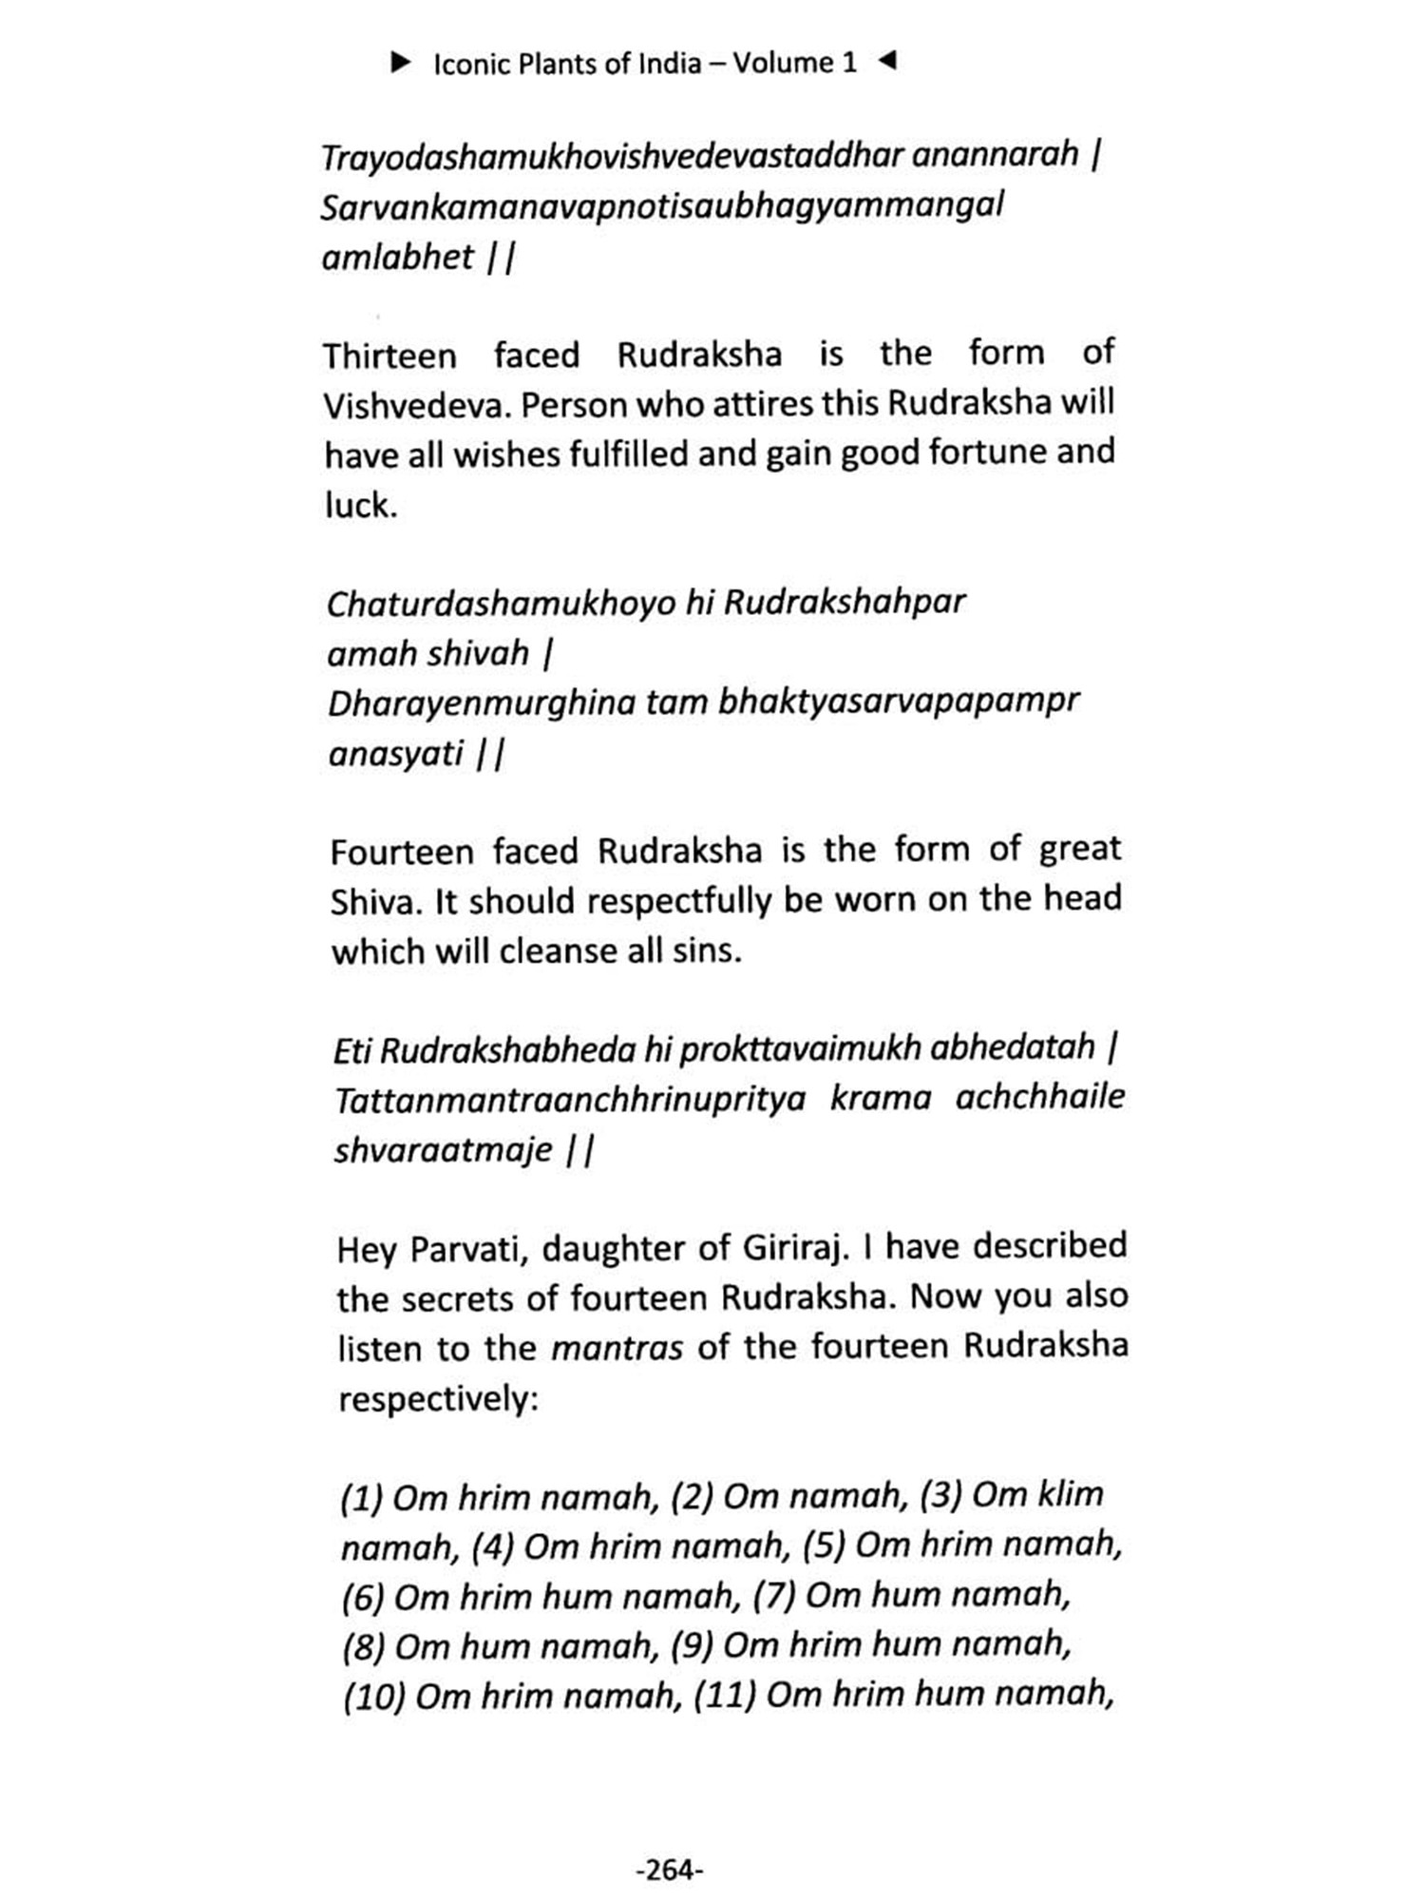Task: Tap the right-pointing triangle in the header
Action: point(401,63)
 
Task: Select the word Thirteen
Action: point(389,356)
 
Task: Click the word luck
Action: point(360,506)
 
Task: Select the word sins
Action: point(708,950)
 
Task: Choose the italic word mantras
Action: point(617,1348)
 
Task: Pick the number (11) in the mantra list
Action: point(725,1695)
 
